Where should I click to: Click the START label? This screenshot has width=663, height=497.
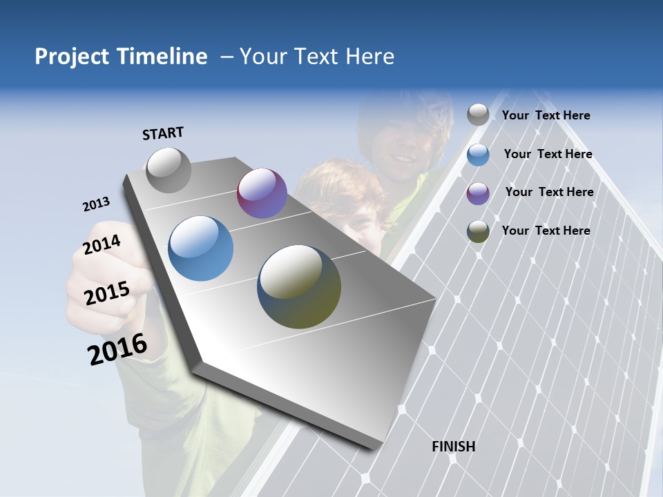coord(163,133)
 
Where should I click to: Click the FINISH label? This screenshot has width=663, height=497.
coord(454,447)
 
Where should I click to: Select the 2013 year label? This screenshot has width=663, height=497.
coord(96,204)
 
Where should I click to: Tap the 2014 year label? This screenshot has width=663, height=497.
coord(102,244)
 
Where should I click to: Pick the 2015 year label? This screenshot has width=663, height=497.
coord(107,293)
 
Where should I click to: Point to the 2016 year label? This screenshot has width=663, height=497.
coord(117,349)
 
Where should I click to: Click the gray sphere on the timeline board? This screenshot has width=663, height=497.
coord(169,170)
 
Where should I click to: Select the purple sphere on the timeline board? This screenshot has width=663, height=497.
coord(262,193)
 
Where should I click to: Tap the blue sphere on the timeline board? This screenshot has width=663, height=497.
coord(201,248)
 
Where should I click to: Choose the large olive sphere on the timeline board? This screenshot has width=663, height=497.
coord(299,286)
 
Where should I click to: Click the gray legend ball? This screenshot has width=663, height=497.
coord(478,115)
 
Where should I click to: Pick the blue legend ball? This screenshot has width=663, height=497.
coord(478,155)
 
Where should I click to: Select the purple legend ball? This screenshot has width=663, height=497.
coord(478,193)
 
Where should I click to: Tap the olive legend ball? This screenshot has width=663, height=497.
coord(478,231)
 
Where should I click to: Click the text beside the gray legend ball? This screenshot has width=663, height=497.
coord(546,115)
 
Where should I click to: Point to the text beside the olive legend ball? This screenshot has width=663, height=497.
coord(546,231)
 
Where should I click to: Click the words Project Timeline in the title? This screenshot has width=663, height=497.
coord(121,57)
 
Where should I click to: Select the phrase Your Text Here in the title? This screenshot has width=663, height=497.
coord(317,57)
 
